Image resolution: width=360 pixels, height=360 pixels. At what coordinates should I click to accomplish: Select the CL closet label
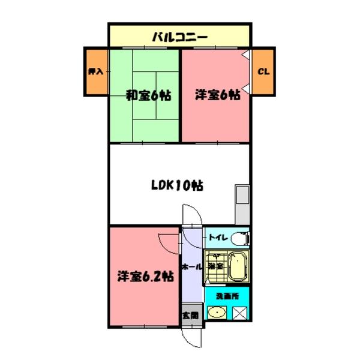click(263, 71)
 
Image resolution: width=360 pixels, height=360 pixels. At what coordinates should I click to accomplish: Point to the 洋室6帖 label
click(217, 95)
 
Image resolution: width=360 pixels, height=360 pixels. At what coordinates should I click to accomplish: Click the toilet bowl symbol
click(239, 239)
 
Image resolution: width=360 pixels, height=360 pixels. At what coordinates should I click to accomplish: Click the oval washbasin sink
click(216, 313)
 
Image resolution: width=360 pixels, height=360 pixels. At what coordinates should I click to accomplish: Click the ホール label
click(190, 266)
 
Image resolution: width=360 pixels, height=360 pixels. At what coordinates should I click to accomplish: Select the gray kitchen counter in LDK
click(242, 205)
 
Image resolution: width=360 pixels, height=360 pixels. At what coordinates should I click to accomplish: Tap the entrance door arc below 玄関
click(193, 339)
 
